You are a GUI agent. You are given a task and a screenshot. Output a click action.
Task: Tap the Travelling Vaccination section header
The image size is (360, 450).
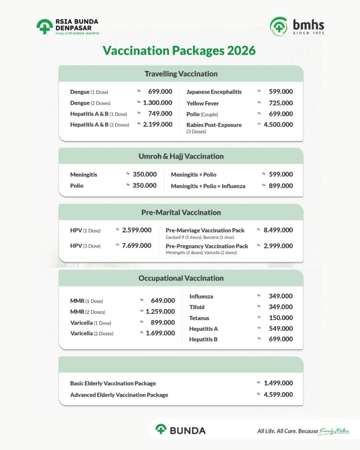(x=181, y=74)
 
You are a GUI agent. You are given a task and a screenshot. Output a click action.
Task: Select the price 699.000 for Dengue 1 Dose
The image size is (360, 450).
(x=160, y=92)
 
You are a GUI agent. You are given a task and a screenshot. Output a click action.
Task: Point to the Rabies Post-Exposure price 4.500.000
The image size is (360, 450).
(x=278, y=125)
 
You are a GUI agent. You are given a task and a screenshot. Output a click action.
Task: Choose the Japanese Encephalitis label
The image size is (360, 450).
(x=214, y=92)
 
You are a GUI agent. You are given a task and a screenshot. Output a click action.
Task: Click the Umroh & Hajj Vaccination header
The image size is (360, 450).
(x=181, y=156)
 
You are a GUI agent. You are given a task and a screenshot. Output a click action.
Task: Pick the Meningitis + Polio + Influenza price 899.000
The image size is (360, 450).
(x=281, y=186)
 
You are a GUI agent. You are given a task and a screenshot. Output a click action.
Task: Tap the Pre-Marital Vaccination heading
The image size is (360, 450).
(x=181, y=212)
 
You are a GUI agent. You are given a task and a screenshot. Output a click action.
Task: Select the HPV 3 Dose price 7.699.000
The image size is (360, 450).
(x=137, y=246)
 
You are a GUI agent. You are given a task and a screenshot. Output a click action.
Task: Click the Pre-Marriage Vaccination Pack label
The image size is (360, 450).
(x=205, y=230)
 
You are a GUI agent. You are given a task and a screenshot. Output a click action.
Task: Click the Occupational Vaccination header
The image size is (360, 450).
(x=181, y=278)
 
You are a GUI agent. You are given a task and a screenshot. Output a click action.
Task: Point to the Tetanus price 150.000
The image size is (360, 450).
(x=281, y=318)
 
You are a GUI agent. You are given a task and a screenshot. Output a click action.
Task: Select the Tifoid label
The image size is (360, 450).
(x=197, y=307)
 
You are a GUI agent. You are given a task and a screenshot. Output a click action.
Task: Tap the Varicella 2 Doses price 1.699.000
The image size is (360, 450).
(x=160, y=333)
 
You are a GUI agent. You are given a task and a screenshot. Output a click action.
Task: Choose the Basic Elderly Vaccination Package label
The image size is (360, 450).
(x=113, y=383)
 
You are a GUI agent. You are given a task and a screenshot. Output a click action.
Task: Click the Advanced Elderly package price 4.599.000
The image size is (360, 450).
(x=278, y=395)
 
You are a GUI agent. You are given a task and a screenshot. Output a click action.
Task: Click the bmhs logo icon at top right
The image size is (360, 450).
(x=279, y=26)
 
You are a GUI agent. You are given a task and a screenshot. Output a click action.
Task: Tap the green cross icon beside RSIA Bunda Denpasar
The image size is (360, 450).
(x=45, y=27)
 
